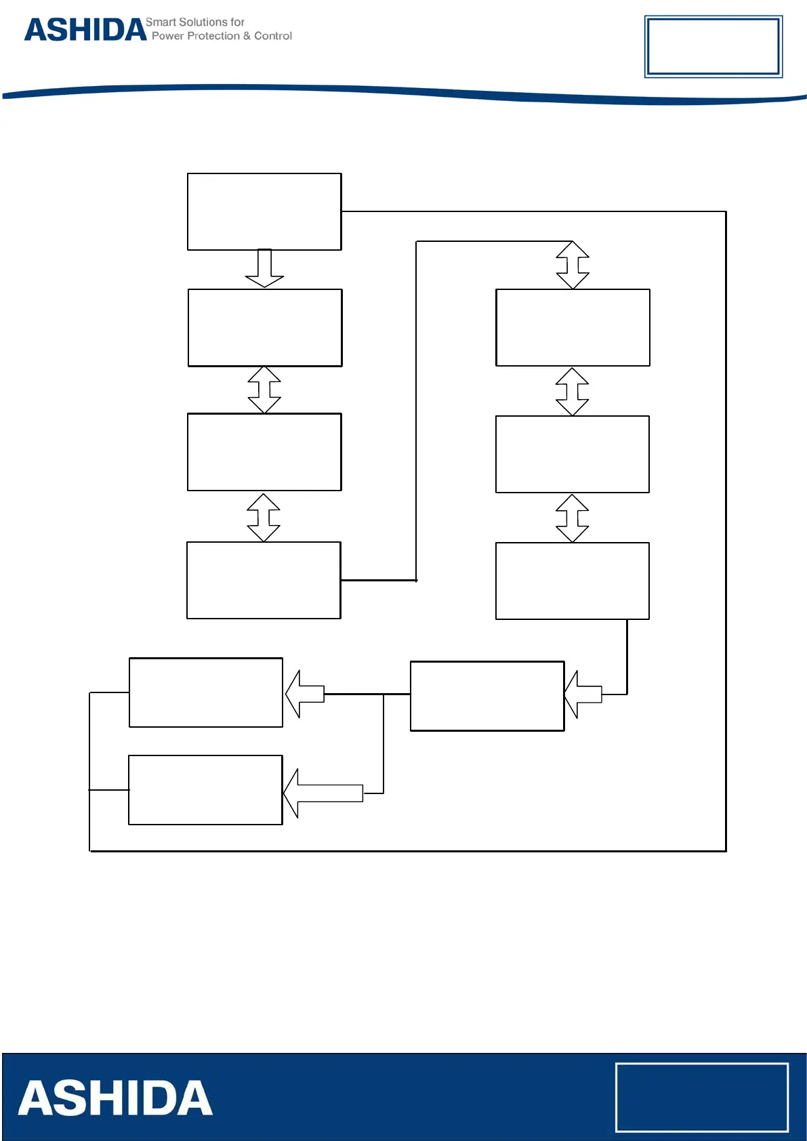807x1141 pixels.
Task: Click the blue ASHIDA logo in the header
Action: [85, 30]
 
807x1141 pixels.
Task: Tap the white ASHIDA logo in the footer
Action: [115, 1098]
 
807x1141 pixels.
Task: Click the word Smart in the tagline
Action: [161, 22]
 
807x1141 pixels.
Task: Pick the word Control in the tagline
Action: [273, 36]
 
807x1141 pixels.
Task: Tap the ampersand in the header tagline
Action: [247, 36]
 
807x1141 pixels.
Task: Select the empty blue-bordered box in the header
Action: [713, 46]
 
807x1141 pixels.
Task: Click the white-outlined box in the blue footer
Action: [701, 1097]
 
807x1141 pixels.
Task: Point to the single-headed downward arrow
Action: [264, 268]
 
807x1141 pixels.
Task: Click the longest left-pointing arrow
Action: [323, 793]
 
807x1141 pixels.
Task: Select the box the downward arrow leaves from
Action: [264, 211]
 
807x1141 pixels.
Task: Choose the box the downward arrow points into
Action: [265, 328]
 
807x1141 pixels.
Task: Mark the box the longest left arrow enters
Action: [205, 790]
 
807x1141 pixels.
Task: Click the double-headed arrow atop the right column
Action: [573, 265]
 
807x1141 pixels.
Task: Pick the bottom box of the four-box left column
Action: [264, 580]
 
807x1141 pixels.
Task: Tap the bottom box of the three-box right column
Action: [573, 581]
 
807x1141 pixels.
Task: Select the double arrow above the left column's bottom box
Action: [264, 517]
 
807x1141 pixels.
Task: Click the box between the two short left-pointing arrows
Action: [487, 696]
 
